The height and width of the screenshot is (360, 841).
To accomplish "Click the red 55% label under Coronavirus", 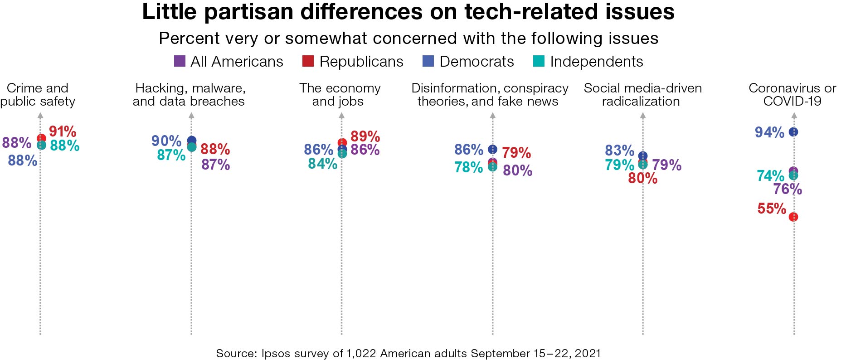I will click(x=771, y=209).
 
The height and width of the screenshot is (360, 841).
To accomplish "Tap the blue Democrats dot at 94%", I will click(x=793, y=132).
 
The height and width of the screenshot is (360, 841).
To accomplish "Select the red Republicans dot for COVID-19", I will click(x=793, y=217).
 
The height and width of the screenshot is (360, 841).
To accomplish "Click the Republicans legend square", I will click(x=308, y=61).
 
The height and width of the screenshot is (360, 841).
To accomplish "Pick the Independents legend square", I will click(x=539, y=61).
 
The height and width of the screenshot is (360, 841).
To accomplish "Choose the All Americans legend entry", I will click(x=229, y=61).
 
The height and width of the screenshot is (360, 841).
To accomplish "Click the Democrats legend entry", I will click(x=468, y=61).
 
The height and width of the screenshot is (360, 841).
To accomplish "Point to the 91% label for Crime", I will click(x=63, y=131).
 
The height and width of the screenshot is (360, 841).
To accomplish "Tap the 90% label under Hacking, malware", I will click(x=166, y=141).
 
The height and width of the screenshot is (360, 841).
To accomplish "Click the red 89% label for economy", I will click(x=365, y=136).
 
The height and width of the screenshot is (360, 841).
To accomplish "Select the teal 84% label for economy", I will click(x=322, y=163).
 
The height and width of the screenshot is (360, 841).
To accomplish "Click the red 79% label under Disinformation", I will click(x=516, y=153).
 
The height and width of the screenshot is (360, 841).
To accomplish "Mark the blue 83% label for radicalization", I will click(x=619, y=150).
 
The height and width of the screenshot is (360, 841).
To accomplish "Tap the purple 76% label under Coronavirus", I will click(x=788, y=189).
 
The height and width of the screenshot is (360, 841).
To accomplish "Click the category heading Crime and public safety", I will click(x=38, y=94).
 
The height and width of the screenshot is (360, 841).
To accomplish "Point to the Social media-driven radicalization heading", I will click(x=642, y=94).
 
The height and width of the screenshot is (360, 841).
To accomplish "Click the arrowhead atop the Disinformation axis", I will click(x=493, y=116).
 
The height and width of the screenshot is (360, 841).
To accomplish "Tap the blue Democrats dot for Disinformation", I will click(x=492, y=149).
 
